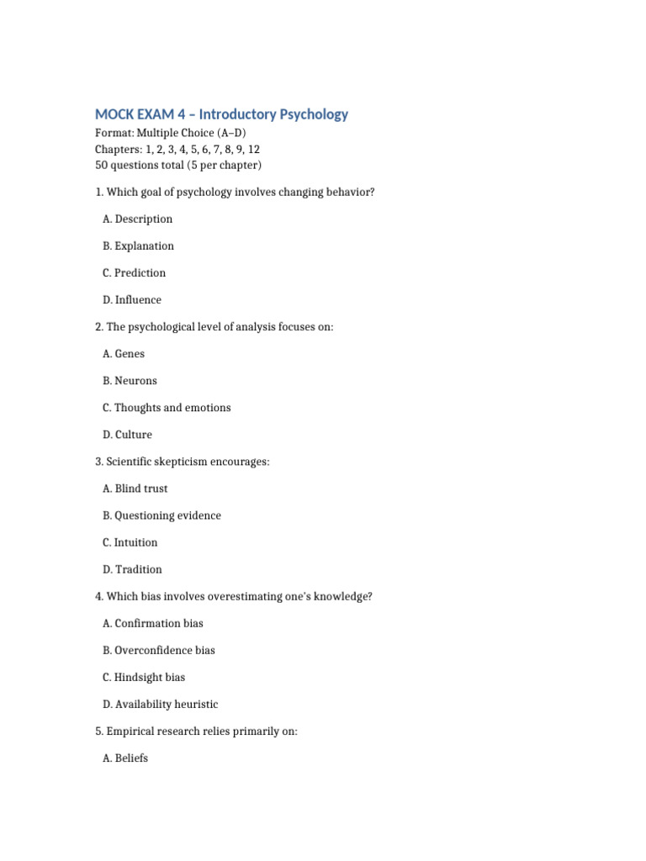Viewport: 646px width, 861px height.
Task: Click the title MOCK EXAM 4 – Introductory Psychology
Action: point(221,114)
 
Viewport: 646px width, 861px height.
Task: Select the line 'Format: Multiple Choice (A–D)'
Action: point(171,134)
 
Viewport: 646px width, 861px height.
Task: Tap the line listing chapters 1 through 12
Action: point(177,149)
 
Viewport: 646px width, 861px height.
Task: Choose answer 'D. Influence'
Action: point(132,300)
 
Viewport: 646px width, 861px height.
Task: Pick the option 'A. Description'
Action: point(137,219)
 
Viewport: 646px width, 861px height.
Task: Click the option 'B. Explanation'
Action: point(138,246)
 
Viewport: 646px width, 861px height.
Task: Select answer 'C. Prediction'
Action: point(134,273)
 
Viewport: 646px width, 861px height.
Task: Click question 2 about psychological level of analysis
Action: point(214,327)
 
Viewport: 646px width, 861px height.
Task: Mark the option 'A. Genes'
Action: point(124,354)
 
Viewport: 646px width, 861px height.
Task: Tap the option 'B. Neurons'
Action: point(130,381)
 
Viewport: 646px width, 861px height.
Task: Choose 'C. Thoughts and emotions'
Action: point(167,408)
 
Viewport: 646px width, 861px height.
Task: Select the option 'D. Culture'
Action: point(127,435)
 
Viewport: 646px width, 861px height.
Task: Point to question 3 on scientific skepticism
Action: point(183,462)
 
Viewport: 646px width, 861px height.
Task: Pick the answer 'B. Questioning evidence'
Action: point(161,515)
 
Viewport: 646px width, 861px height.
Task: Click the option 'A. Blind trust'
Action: point(135,489)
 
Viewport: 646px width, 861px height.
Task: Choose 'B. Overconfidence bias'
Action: point(159,650)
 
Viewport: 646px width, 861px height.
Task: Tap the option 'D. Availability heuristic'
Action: point(160,704)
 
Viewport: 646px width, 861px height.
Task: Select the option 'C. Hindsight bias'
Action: point(144,677)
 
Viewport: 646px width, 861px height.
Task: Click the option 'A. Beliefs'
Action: point(125,758)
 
